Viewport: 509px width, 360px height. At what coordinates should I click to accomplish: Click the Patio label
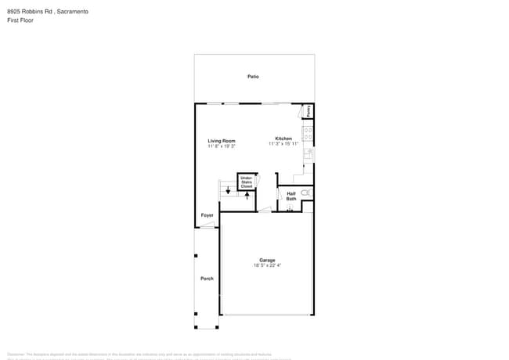point(253,77)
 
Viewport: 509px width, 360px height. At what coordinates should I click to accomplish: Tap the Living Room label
point(222,141)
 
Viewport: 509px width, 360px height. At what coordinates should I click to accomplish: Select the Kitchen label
point(283,139)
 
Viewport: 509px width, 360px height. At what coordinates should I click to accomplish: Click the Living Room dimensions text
point(222,146)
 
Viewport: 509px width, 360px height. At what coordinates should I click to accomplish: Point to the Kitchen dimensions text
point(283,144)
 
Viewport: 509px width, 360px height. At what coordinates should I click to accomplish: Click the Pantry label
point(309,111)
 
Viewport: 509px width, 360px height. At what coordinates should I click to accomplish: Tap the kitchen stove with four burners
point(308,134)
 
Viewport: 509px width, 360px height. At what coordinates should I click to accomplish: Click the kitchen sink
point(309,154)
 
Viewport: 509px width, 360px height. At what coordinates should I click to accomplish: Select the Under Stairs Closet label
point(247,182)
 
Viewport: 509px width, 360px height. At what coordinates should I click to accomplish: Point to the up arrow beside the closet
point(247,196)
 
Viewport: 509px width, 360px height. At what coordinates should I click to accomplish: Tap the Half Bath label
point(291,196)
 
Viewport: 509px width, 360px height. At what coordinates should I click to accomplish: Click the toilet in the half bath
point(305,193)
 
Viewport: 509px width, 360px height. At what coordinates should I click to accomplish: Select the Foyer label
point(207,215)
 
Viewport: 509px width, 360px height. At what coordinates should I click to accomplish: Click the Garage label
point(267,260)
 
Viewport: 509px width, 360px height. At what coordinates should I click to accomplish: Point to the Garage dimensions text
point(267,265)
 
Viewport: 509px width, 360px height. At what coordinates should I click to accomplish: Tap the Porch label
point(207,279)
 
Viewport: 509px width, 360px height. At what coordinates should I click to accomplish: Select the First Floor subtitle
point(22,20)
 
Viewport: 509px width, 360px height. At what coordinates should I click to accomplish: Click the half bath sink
point(291,209)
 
